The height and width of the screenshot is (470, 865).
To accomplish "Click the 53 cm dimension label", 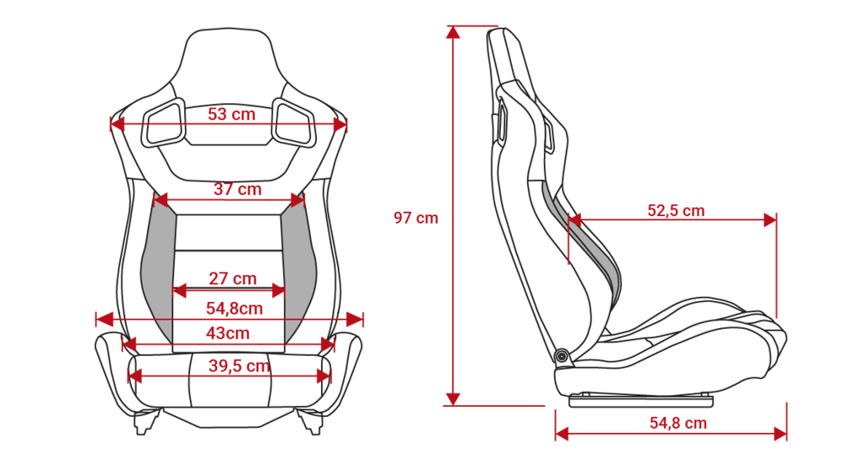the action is [231, 114].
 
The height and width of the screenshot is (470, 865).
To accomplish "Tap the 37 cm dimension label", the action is [237, 189].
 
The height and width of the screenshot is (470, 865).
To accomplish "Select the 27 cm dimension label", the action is [232, 278].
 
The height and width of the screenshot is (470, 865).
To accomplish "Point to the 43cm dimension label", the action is [228, 332].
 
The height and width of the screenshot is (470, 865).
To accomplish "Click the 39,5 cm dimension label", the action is [239, 366].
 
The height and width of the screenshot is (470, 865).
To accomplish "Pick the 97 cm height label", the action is [416, 218].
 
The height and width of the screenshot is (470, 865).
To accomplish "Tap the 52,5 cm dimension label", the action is [676, 210].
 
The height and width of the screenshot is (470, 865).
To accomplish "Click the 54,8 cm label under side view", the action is [678, 423].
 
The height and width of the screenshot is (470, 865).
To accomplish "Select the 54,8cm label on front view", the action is [235, 308].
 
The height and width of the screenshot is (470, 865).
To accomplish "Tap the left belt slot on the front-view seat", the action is [164, 123].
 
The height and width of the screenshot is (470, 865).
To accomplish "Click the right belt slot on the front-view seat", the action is [294, 123].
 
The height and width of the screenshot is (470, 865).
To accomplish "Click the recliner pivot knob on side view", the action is [562, 356].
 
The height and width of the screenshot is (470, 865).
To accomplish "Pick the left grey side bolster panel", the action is [158, 264].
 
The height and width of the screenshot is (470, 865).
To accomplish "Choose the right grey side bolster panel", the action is [299, 264].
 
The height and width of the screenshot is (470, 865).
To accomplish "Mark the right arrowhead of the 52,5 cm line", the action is [770, 220].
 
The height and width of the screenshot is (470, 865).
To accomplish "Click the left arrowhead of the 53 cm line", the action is [117, 125].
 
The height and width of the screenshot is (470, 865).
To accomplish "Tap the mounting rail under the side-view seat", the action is [640, 400].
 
